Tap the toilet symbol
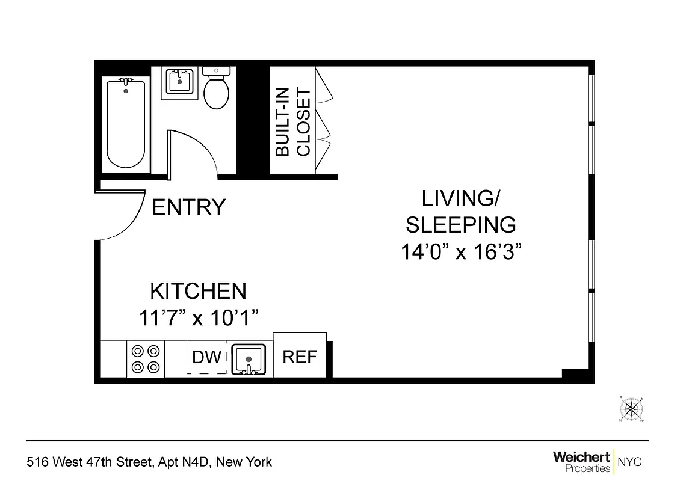(x=216, y=90)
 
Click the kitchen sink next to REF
(x=248, y=360)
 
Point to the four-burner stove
(x=146, y=359)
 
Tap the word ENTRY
(x=188, y=207)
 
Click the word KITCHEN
(x=198, y=292)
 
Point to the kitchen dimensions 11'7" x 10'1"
(x=199, y=317)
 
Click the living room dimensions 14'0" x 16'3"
(x=460, y=251)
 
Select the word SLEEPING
(x=460, y=225)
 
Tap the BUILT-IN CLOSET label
(x=293, y=123)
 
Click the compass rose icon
(x=632, y=410)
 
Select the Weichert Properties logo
(x=581, y=461)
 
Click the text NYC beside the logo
(x=630, y=462)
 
